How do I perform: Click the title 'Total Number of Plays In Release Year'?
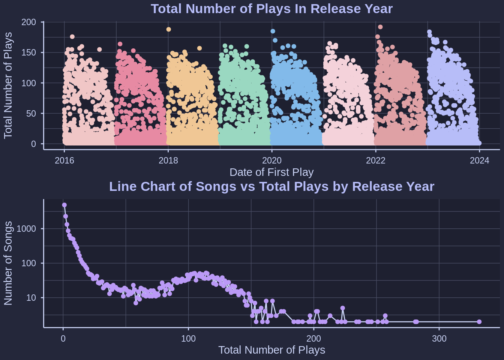click(271, 9)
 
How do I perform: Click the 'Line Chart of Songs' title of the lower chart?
click(271, 186)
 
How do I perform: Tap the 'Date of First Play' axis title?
click(271, 172)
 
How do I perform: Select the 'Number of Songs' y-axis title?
click(8, 263)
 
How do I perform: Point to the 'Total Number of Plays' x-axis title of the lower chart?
click(271, 350)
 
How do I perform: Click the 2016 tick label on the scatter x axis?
click(64, 160)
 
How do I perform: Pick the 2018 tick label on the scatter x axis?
click(168, 160)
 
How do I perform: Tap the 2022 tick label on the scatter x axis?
click(376, 160)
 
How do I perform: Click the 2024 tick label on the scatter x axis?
click(480, 160)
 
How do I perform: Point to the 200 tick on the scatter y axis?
click(29, 22)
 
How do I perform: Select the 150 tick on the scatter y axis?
click(29, 52)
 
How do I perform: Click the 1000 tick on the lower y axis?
click(27, 229)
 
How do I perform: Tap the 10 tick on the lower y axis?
click(31, 298)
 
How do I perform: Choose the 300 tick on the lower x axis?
click(439, 339)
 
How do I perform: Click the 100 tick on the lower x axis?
click(188, 339)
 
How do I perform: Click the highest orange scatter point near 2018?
click(169, 29)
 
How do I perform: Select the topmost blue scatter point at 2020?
click(273, 31)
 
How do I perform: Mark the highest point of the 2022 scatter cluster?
click(380, 27)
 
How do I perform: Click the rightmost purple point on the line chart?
click(479, 322)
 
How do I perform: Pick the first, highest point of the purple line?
click(64, 205)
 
